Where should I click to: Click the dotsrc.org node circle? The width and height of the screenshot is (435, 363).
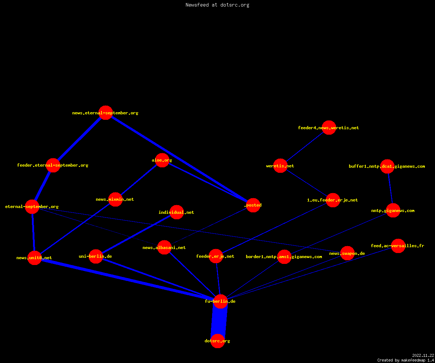click(x=217, y=341)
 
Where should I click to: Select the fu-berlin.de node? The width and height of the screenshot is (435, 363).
click(x=220, y=301)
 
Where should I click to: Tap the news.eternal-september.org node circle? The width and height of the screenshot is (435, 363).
click(x=105, y=113)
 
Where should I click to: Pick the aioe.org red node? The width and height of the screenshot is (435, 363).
click(x=162, y=160)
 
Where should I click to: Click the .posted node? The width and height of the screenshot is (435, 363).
click(x=253, y=205)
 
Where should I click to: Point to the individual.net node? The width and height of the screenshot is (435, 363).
click(x=177, y=212)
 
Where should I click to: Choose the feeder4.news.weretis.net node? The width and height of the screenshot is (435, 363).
click(x=329, y=127)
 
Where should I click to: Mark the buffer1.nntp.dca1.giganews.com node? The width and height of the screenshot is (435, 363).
click(x=387, y=166)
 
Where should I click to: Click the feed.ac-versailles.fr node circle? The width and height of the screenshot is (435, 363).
click(x=398, y=246)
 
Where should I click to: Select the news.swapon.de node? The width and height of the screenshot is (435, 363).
click(x=347, y=253)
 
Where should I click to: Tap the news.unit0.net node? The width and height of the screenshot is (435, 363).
click(x=34, y=258)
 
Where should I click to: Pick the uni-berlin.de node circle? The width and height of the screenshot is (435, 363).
click(x=96, y=256)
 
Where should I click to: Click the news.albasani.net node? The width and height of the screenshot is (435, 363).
click(x=164, y=248)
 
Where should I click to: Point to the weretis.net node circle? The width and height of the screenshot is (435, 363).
click(x=280, y=166)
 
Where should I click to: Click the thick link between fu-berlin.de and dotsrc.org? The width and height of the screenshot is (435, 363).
click(x=219, y=321)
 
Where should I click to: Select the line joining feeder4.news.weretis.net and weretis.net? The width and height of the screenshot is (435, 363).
click(x=304, y=147)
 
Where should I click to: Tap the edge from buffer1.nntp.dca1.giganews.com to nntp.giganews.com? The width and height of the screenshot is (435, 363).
click(x=390, y=188)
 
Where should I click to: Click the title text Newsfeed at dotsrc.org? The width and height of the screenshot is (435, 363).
click(x=217, y=5)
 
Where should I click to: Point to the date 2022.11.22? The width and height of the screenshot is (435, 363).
click(x=423, y=355)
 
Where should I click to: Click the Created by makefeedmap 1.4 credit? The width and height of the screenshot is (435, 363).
click(x=406, y=360)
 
